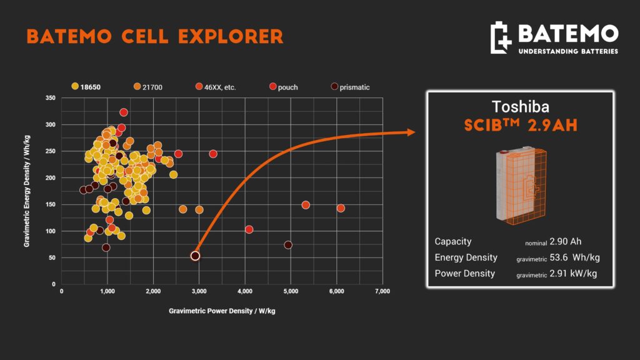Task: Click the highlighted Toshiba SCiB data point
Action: (x=195, y=256)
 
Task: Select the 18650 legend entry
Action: (x=86, y=87)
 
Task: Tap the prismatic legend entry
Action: (x=350, y=87)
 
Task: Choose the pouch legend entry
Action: (x=284, y=87)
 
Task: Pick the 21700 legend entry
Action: (x=147, y=87)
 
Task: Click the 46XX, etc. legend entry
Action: (x=216, y=87)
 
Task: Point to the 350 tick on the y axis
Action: (x=51, y=98)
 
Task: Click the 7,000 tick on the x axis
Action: (x=382, y=291)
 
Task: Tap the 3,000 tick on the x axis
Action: (x=199, y=291)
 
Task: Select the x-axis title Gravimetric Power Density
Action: (x=222, y=311)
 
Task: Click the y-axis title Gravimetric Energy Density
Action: (x=27, y=191)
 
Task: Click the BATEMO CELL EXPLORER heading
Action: (x=155, y=36)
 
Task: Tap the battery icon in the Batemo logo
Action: (x=501, y=37)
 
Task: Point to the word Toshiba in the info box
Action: (x=521, y=107)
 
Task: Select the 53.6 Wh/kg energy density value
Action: (x=575, y=257)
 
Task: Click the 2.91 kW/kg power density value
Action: (x=573, y=274)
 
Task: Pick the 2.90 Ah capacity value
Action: (x=565, y=242)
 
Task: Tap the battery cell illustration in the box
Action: (x=521, y=185)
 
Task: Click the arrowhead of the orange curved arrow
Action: (x=411, y=132)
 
